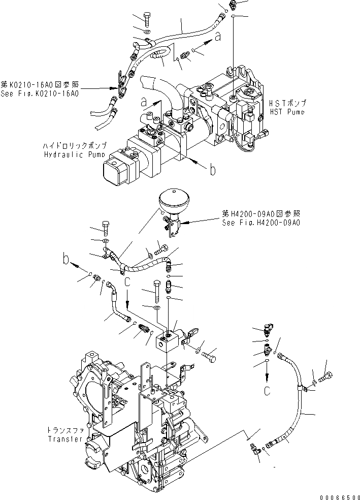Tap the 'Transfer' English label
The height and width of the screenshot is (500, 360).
point(64,439)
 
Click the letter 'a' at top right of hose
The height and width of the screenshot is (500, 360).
point(218,36)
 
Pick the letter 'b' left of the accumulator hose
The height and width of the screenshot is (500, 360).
point(66,260)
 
